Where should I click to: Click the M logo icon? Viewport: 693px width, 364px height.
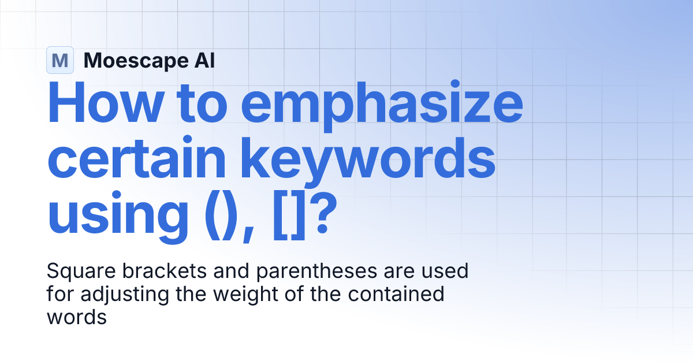coord(60,60)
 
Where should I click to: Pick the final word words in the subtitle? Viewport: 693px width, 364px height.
coord(77,317)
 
